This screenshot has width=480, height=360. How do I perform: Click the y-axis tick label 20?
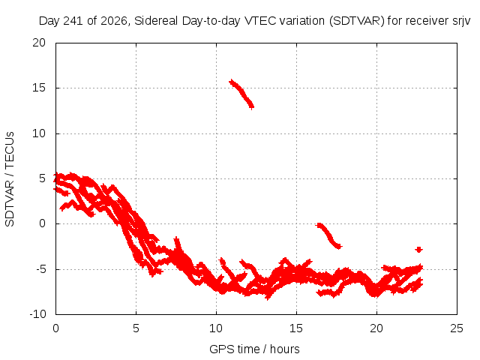coord(39,43)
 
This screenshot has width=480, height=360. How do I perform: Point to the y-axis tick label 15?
coord(39,88)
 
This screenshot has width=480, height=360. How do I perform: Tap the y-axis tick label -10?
coord(37,314)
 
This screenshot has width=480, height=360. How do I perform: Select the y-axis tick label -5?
coord(40,269)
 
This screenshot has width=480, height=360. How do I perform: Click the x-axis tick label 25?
coord(457,328)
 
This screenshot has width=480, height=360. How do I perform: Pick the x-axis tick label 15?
coord(296,328)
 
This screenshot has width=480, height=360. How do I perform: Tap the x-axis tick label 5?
coord(136,328)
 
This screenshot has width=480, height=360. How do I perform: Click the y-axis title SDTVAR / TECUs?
coord(10,179)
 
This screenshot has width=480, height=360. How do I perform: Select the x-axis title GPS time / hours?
coord(254,349)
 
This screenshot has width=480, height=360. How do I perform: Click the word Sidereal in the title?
coord(156,21)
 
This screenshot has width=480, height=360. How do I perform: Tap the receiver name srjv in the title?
coord(461,22)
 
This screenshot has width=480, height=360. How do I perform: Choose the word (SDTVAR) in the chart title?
coord(357,21)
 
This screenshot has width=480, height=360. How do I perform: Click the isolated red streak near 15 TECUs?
coord(241,93)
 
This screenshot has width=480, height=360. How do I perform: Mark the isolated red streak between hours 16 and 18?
coord(328,235)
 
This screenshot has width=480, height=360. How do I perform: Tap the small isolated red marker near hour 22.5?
coord(418,250)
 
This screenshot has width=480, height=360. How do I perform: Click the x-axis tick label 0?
coord(55,328)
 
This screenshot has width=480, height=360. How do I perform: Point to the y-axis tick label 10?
coord(39,133)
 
